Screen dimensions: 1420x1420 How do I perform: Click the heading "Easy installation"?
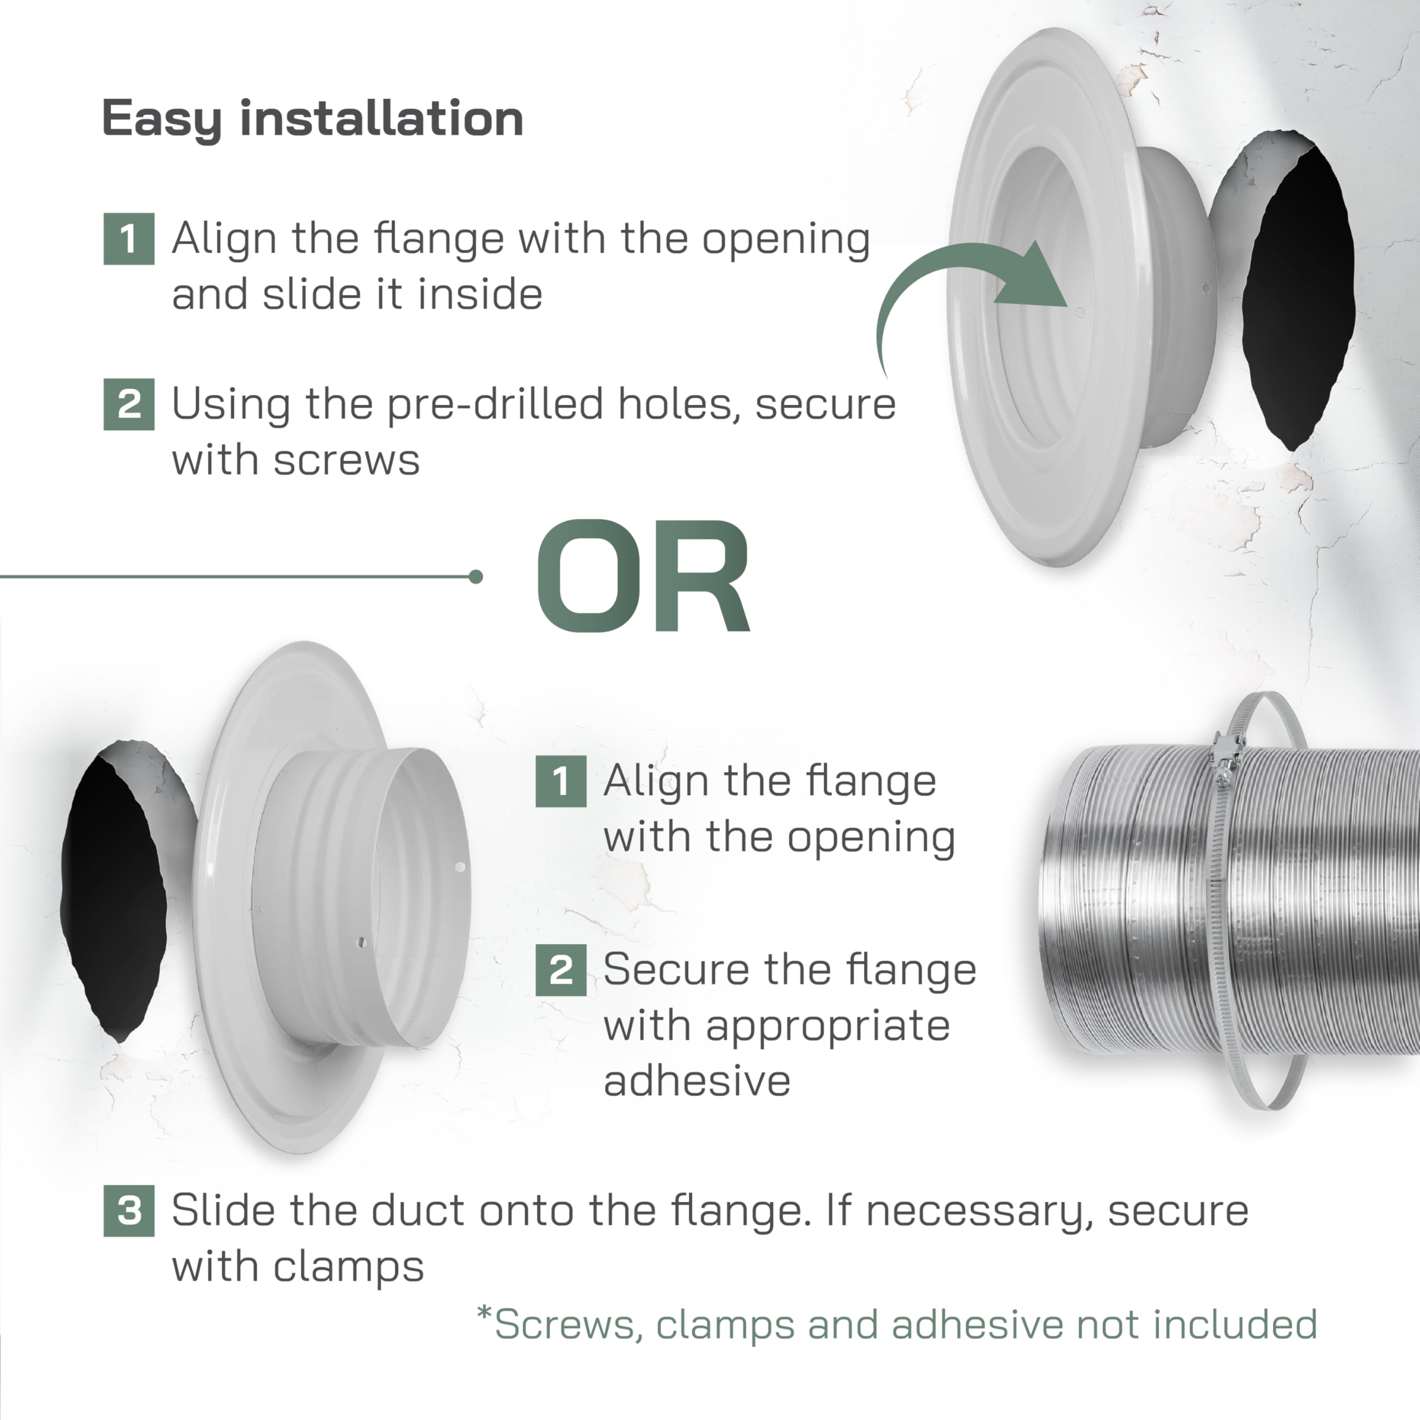tap(312, 119)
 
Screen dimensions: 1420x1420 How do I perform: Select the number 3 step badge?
tap(129, 1210)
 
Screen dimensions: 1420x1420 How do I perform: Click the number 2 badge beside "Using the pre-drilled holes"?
tap(129, 404)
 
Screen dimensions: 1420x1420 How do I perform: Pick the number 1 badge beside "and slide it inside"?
tap(129, 239)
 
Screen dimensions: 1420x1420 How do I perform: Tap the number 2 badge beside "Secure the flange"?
tap(561, 970)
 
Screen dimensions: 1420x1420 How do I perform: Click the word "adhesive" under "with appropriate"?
tap(697, 1081)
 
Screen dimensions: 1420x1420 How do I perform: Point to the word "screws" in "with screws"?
tap(346, 461)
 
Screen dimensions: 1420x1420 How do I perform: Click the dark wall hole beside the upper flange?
tap(1297, 294)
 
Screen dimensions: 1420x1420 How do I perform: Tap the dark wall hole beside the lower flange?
tap(114, 897)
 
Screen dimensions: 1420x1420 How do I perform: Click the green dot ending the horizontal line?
tap(475, 577)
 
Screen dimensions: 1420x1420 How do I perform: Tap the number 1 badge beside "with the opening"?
tap(561, 782)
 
